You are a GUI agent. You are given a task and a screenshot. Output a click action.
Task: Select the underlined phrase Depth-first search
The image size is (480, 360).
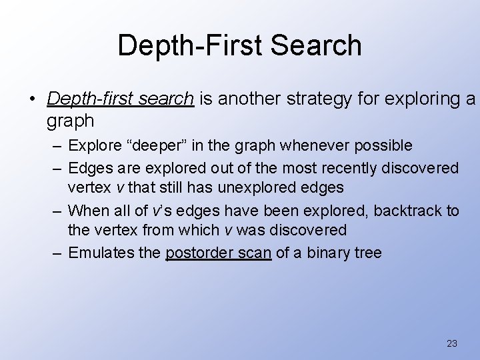pyautogui.click(x=120, y=99)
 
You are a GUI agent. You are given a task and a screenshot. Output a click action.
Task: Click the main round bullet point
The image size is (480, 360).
pyautogui.click(x=33, y=100)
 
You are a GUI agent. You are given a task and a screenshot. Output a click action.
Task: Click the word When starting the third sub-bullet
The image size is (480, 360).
pyautogui.click(x=85, y=211)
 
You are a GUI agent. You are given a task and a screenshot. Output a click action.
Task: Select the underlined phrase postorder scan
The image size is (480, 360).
pyautogui.click(x=218, y=253)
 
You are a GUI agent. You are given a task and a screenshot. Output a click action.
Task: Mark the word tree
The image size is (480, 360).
pyautogui.click(x=367, y=253)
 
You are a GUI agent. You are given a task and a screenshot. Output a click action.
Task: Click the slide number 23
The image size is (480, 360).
pyautogui.click(x=451, y=343)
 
